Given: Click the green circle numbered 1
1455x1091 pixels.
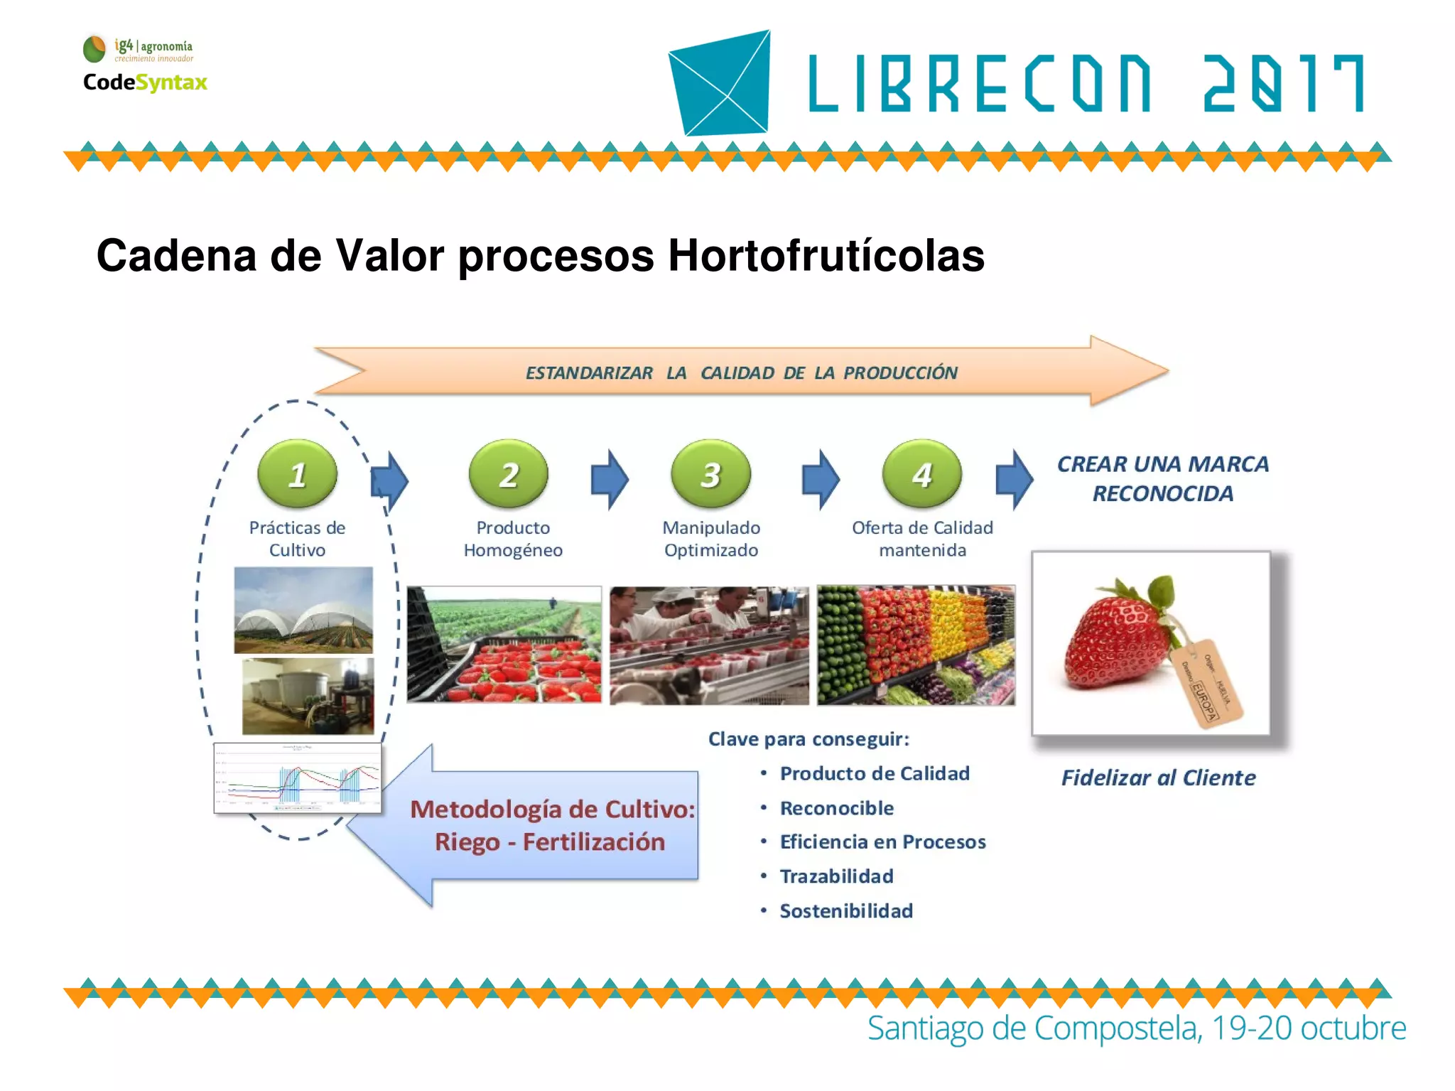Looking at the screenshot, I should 297,473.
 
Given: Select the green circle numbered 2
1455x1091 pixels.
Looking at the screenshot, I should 509,473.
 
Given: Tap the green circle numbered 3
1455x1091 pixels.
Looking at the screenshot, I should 710,473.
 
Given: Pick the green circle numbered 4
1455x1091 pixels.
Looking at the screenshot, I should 921,473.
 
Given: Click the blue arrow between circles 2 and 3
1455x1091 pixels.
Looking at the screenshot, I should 610,480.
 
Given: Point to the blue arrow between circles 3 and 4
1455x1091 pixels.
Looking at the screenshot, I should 821,480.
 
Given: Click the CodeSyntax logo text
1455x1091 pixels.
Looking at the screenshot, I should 145,82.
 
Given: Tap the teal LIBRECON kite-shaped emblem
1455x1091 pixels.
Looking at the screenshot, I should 720,83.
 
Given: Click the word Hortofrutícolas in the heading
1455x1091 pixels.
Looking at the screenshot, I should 826,256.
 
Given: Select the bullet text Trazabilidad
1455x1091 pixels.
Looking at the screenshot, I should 836,876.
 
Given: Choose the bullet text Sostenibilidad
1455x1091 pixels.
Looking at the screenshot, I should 846,910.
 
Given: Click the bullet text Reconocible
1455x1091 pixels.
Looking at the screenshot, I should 836,808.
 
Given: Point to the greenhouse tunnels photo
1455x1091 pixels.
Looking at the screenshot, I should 303,610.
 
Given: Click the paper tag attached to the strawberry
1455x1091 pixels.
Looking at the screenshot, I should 1206,683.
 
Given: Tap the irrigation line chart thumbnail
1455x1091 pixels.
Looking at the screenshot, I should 298,778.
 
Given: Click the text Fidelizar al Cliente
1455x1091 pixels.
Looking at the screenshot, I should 1158,778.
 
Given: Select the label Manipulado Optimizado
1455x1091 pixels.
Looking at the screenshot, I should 710,539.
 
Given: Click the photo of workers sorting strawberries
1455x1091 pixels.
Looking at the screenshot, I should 709,645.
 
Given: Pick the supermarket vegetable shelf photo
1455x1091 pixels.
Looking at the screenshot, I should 916,645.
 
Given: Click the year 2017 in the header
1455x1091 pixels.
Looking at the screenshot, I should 1283,84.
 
